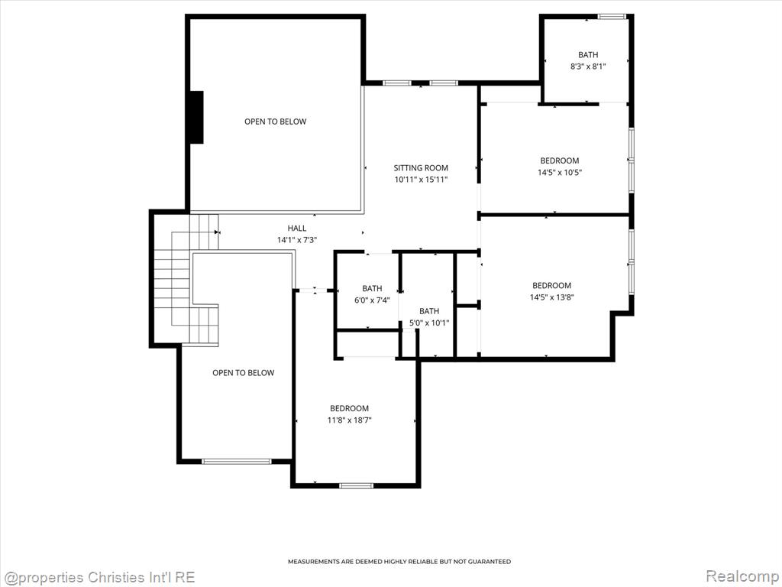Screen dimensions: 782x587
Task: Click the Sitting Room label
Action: (421, 168)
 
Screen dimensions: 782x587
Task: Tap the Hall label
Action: (297, 228)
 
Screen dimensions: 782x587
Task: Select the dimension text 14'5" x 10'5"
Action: (560, 173)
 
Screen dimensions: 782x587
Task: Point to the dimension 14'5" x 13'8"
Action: (551, 297)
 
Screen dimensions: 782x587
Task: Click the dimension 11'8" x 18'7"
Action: (349, 420)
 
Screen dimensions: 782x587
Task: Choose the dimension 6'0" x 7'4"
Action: (372, 300)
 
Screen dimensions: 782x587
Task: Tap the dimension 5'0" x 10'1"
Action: (429, 323)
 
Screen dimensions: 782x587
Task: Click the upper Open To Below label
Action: (275, 122)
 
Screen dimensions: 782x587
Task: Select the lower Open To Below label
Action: (244, 373)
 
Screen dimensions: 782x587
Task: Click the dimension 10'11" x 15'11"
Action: (421, 180)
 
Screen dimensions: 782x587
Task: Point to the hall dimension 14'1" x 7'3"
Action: (297, 240)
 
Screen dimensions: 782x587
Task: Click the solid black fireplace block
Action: (196, 117)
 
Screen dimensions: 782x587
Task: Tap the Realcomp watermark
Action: (742, 576)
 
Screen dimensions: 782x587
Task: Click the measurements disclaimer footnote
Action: (399, 562)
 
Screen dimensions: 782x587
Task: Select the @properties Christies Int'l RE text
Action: (99, 578)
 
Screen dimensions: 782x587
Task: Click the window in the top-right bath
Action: (612, 17)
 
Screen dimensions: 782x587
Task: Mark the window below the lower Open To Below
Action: (237, 461)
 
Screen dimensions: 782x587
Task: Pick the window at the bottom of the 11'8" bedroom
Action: (356, 485)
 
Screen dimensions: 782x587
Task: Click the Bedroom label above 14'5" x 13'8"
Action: (551, 286)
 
